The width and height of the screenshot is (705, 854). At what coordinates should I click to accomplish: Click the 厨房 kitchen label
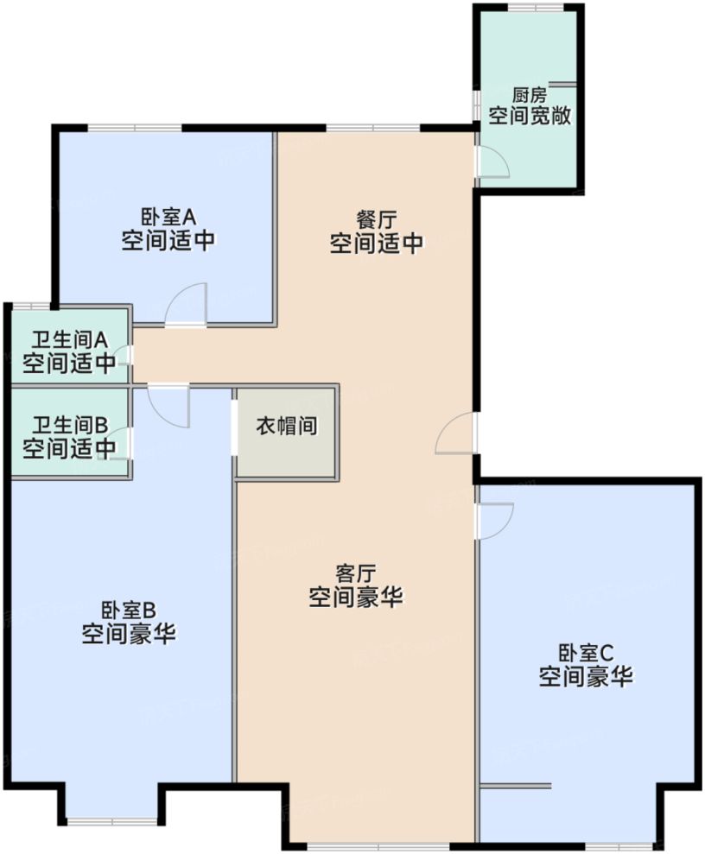tap(530, 95)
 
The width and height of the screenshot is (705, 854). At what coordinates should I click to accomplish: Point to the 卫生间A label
tap(69, 340)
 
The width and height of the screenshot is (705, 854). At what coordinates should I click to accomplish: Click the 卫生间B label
tap(69, 425)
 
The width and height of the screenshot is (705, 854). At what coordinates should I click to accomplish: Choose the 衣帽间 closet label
tap(285, 427)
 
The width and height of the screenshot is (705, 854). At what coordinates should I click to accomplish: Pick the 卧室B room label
tap(129, 610)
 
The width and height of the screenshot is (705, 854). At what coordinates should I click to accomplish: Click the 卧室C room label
tap(586, 652)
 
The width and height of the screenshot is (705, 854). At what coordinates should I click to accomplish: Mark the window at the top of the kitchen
tap(531, 8)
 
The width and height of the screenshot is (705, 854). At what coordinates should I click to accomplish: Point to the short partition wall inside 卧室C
tap(515, 785)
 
